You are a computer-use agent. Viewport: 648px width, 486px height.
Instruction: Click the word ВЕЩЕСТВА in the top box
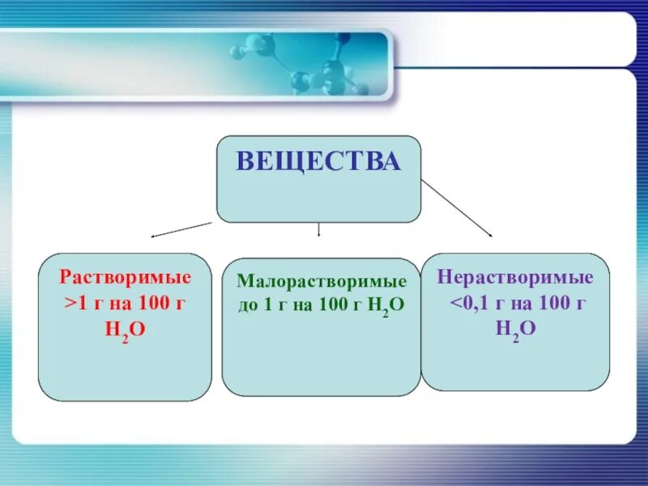(318, 161)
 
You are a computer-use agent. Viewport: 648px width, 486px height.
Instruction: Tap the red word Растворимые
(126, 278)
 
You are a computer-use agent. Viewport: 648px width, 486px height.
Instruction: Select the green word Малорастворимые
(322, 282)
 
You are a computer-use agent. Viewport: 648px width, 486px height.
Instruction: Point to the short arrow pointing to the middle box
(319, 229)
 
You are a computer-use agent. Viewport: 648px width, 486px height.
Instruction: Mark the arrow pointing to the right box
(457, 208)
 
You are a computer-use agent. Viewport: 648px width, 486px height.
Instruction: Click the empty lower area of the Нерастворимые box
(516, 364)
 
